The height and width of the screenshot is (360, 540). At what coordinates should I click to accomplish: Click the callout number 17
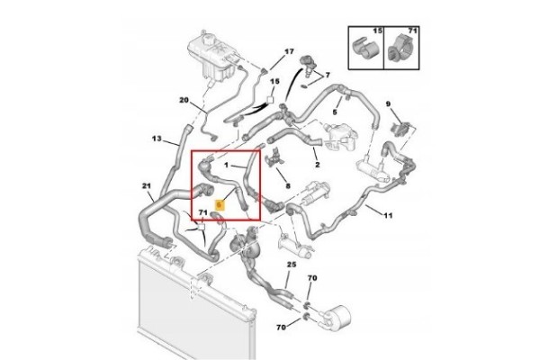click(289, 51)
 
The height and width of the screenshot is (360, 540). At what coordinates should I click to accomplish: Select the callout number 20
click(184, 100)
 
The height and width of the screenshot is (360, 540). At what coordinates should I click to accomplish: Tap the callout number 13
click(157, 139)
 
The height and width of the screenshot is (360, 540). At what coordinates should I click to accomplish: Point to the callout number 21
click(147, 186)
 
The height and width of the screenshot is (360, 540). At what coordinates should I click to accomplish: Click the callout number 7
click(328, 75)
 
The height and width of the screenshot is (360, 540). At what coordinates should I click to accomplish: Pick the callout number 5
click(335, 112)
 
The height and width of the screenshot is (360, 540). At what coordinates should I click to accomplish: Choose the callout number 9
click(388, 103)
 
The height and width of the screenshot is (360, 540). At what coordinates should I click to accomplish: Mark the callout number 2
click(317, 165)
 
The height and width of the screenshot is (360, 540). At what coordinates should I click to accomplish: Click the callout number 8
click(288, 186)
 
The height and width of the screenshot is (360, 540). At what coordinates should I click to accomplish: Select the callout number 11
click(388, 216)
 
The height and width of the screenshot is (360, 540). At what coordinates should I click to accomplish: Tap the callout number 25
click(292, 265)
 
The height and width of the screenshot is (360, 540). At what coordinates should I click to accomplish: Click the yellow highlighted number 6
click(220, 205)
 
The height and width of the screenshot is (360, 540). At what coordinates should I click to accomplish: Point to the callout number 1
click(226, 166)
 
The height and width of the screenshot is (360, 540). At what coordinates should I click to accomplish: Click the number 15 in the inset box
click(377, 31)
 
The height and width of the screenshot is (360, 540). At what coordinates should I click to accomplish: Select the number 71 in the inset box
click(412, 31)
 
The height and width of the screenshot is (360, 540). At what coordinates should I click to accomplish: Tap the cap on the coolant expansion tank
click(208, 38)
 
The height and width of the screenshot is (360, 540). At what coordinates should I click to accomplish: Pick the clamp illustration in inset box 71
click(400, 49)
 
